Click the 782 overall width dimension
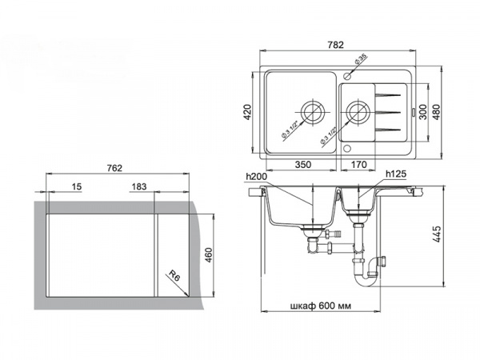335,45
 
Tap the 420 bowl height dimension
247,112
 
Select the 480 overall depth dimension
436,112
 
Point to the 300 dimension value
422,112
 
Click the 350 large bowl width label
302,165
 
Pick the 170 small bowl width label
358,165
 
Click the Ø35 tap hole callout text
361,59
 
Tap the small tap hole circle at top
347,75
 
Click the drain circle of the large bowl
313,112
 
